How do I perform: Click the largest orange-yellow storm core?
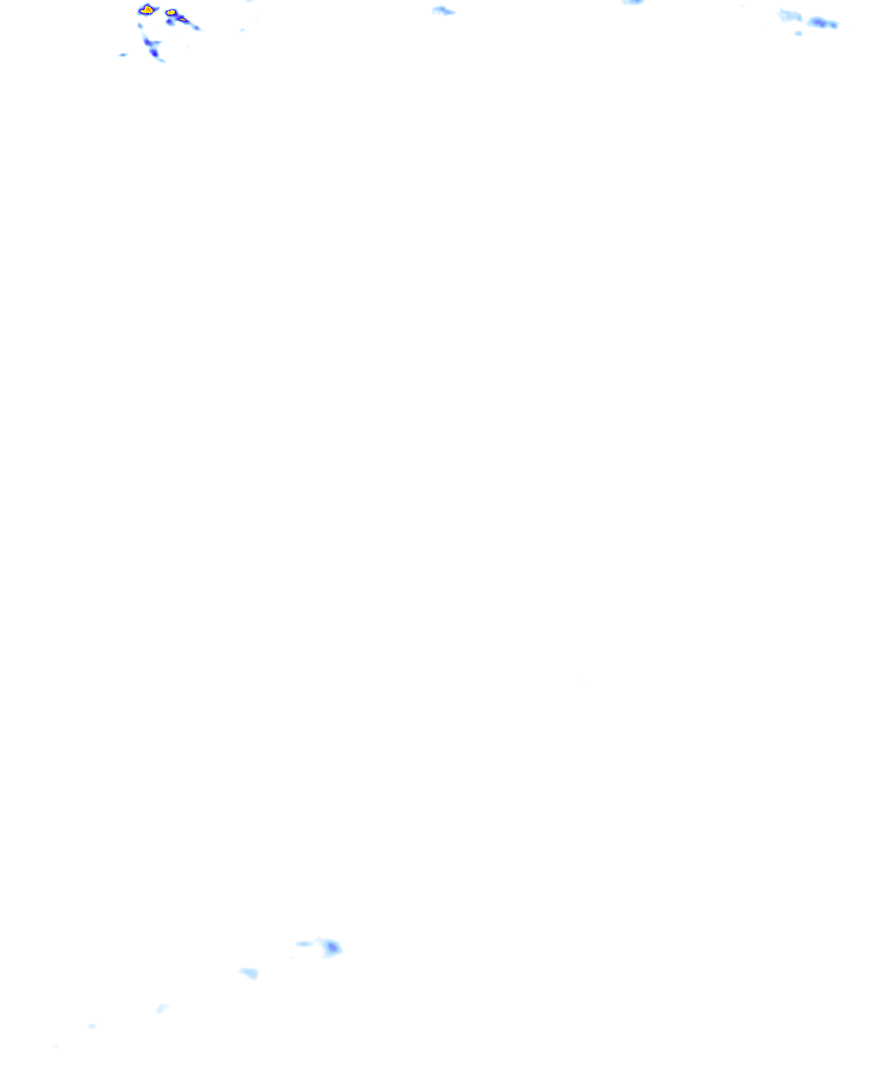(x=147, y=10)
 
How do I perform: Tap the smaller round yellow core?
(x=171, y=13)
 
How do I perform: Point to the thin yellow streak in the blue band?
(x=182, y=19)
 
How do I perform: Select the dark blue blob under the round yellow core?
(x=171, y=22)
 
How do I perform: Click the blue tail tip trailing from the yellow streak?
(x=196, y=28)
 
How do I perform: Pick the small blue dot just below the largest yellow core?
(x=141, y=25)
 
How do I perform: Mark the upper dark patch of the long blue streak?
(x=150, y=43)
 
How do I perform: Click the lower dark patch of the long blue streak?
(x=154, y=53)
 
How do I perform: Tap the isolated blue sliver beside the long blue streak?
(x=123, y=55)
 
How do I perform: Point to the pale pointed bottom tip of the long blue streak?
(x=161, y=61)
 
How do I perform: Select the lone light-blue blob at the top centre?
(x=442, y=11)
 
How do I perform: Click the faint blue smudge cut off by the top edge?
(x=633, y=2)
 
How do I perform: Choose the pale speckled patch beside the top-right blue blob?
(x=790, y=15)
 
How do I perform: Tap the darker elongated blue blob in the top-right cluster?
(x=823, y=23)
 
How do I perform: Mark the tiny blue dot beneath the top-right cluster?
(x=799, y=33)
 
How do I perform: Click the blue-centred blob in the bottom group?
(x=331, y=947)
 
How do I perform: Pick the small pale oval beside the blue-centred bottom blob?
(x=304, y=944)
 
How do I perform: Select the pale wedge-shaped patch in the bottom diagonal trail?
(x=249, y=973)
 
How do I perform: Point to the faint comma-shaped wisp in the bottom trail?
(x=161, y=1009)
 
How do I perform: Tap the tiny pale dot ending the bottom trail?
(x=91, y=1026)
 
